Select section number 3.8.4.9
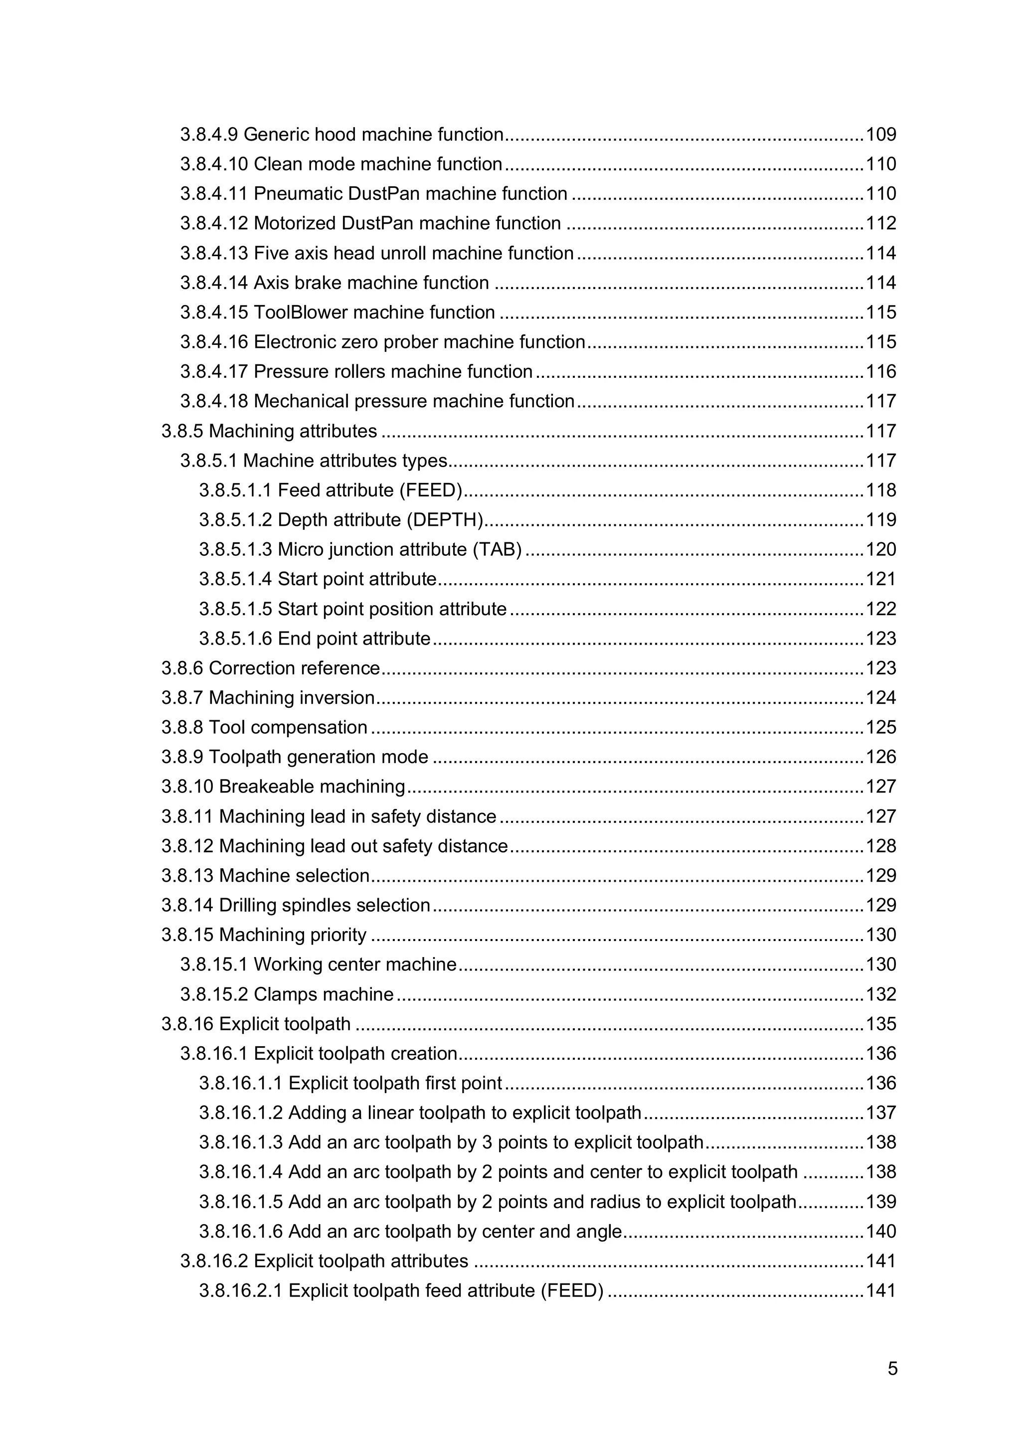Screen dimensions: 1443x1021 point(209,135)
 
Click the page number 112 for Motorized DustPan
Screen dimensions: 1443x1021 point(881,223)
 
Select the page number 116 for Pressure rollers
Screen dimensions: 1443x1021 point(881,371)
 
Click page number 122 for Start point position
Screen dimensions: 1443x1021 point(881,609)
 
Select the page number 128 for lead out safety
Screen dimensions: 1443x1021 point(881,846)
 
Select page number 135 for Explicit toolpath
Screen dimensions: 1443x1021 point(881,1024)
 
